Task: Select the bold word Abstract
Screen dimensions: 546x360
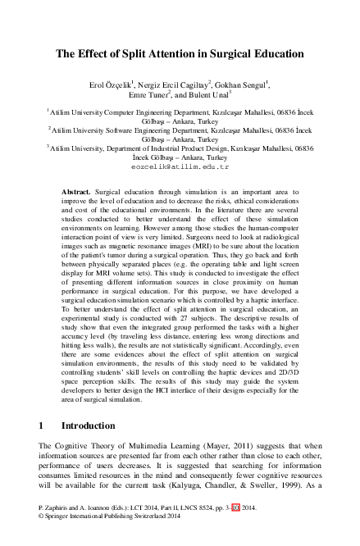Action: (x=76, y=190)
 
